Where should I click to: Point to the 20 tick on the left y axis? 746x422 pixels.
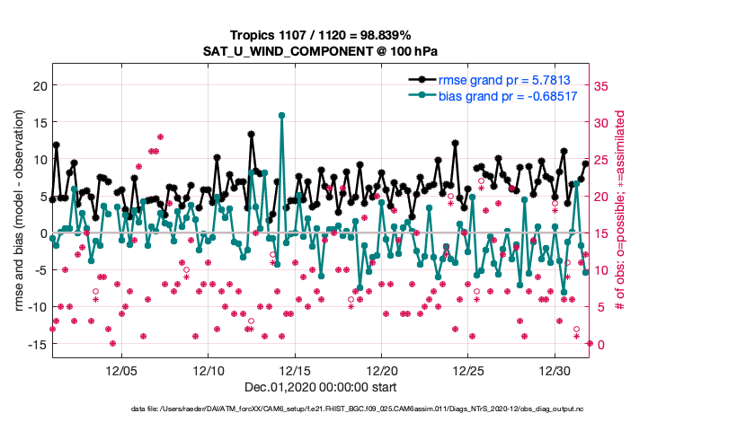[x=40, y=85]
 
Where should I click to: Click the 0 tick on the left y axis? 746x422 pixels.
[x=42, y=233]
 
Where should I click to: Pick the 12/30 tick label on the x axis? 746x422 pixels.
[x=555, y=370]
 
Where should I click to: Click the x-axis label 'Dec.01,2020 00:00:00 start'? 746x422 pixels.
[x=320, y=388]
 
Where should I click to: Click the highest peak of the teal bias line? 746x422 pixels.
[x=282, y=115]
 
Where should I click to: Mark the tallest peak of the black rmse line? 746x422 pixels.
[x=252, y=135]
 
